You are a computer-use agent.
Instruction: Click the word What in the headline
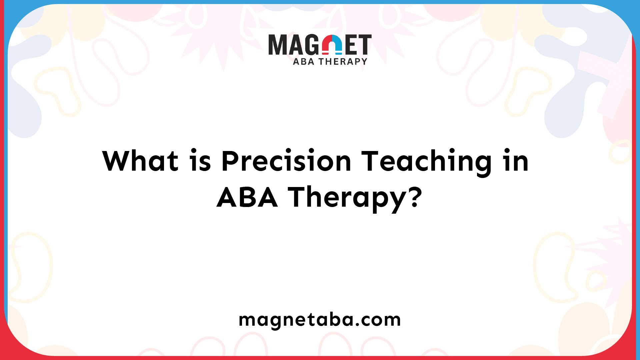click(140, 161)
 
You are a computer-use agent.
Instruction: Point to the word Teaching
click(427, 162)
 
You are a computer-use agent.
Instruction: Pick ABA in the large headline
click(247, 197)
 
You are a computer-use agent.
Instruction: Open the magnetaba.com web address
click(320, 320)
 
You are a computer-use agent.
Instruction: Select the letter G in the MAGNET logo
click(312, 45)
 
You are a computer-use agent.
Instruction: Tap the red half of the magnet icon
click(327, 45)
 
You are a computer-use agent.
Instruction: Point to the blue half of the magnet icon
click(337, 45)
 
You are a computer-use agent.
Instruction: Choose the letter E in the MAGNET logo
click(351, 45)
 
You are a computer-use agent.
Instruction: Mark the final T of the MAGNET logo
click(365, 45)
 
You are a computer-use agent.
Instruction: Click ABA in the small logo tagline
click(304, 62)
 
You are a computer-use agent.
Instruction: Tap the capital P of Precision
click(230, 161)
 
